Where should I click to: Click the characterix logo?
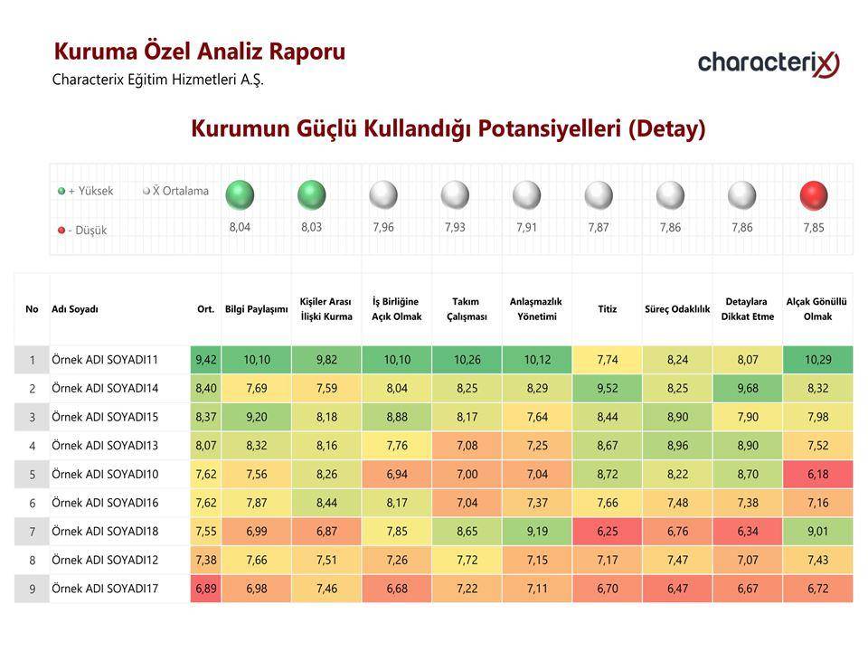(x=769, y=63)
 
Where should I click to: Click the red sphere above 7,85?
(x=814, y=195)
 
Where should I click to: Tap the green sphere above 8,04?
(x=240, y=195)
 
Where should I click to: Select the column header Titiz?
(x=608, y=309)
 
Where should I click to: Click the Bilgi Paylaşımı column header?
(x=256, y=309)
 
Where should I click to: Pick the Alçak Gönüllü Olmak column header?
(x=817, y=309)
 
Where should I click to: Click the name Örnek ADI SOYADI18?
(x=105, y=532)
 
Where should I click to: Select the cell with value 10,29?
(x=818, y=360)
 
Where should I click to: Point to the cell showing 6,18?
(x=818, y=475)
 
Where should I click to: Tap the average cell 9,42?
(x=206, y=360)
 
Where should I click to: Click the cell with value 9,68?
(x=748, y=389)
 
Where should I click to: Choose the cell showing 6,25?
(x=608, y=532)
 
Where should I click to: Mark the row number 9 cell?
(x=33, y=589)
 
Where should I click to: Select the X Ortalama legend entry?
(x=175, y=191)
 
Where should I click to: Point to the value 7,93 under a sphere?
(x=455, y=227)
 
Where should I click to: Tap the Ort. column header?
(x=206, y=309)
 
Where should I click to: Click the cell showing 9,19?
(x=537, y=532)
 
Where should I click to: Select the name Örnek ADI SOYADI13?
(x=105, y=446)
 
